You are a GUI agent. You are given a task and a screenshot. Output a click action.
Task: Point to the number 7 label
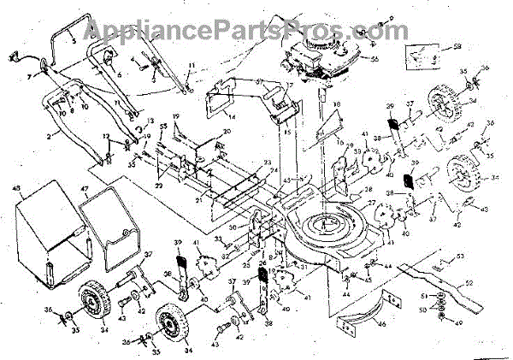27,77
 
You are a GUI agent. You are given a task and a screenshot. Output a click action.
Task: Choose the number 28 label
368,189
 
